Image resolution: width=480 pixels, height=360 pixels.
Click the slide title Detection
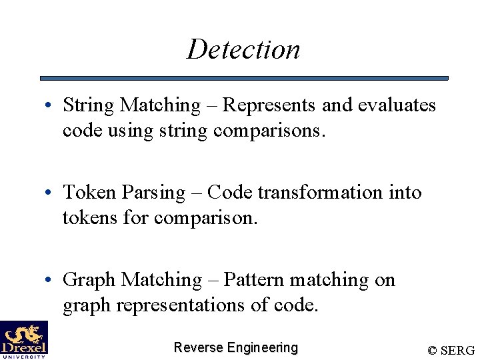pos(243,49)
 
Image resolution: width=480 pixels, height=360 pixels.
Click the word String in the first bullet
pos(89,105)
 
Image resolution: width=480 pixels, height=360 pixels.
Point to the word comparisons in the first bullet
pos(269,131)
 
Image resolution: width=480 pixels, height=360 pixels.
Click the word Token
pos(89,193)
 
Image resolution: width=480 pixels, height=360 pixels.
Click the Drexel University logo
pos(24,340)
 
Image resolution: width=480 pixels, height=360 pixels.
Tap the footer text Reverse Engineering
pos(235,347)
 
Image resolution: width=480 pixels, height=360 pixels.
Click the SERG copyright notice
pos(451,350)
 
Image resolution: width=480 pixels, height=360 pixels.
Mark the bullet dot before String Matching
pos(50,107)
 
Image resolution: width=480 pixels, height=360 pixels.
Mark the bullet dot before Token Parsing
pos(50,194)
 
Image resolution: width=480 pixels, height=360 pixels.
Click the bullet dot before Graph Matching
pos(50,281)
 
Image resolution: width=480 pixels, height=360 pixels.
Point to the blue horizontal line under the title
pos(244,78)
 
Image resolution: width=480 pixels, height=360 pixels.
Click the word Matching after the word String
pos(159,105)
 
